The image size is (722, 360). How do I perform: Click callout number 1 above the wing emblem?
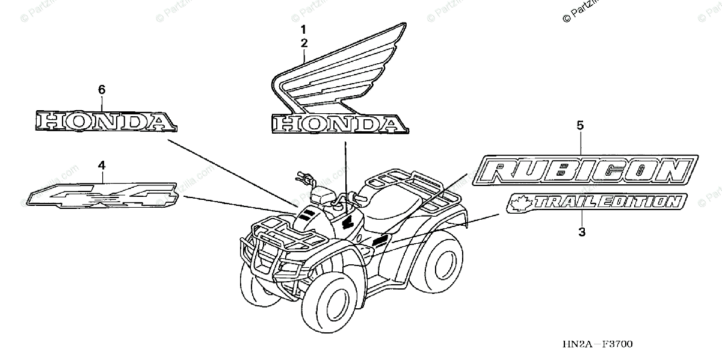(304, 29)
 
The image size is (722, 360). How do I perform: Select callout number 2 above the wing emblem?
(304, 43)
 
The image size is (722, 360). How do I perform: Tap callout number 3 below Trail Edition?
(581, 231)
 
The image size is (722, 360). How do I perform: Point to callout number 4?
(102, 164)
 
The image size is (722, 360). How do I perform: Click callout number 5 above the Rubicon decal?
(581, 125)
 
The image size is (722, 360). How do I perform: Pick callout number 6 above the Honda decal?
(102, 90)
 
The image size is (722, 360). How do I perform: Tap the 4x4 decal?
(102, 194)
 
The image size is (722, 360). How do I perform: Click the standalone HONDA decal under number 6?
(106, 121)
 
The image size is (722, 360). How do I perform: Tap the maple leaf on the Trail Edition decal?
(516, 203)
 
